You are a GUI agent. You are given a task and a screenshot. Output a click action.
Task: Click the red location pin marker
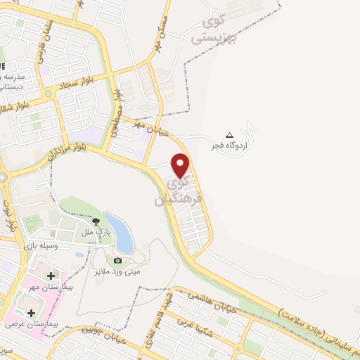pos(181,165)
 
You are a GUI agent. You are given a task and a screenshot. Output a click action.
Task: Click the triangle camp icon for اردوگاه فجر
pos(229,135)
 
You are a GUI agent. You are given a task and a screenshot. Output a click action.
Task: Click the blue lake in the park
pos(121,232)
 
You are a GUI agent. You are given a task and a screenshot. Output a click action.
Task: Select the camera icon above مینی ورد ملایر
pos(117,261)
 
